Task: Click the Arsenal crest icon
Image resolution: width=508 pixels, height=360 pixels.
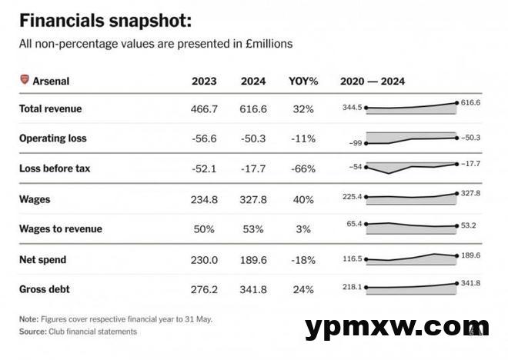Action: tap(24, 80)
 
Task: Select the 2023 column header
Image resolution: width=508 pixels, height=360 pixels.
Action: tap(204, 81)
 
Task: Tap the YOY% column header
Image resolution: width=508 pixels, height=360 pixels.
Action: tap(303, 81)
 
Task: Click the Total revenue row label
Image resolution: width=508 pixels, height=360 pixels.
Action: tap(50, 109)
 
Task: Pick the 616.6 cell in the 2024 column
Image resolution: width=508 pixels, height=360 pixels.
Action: tap(253, 109)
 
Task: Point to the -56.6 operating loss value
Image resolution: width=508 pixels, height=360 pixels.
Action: tap(204, 139)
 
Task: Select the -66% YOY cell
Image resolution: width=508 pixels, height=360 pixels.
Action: tap(303, 168)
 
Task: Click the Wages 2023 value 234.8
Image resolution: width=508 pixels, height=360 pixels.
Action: tap(204, 200)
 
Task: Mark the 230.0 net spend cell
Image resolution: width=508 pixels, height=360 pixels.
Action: tap(204, 260)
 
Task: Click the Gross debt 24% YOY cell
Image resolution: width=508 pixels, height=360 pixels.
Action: tap(303, 289)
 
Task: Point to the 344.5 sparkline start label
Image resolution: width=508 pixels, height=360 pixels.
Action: tap(353, 108)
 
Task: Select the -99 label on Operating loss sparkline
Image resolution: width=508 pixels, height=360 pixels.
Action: tap(355, 143)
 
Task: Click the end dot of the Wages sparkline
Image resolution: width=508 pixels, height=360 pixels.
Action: tap(457, 194)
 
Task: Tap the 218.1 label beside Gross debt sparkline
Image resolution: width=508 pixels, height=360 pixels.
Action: tap(353, 288)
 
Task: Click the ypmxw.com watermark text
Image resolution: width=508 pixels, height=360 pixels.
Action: tap(396, 327)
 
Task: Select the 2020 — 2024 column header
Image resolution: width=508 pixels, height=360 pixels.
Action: tap(373, 81)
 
